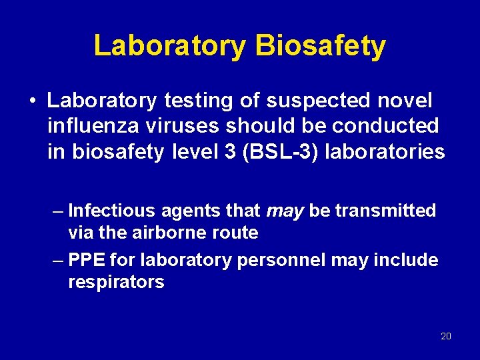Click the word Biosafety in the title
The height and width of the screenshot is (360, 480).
(x=320, y=47)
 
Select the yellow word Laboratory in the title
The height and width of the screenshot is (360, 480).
(x=169, y=47)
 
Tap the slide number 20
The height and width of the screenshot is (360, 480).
(x=446, y=336)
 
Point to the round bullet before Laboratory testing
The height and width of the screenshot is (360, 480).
(x=32, y=101)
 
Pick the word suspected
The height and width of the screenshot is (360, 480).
(x=311, y=101)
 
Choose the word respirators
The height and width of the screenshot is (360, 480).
(x=116, y=283)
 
